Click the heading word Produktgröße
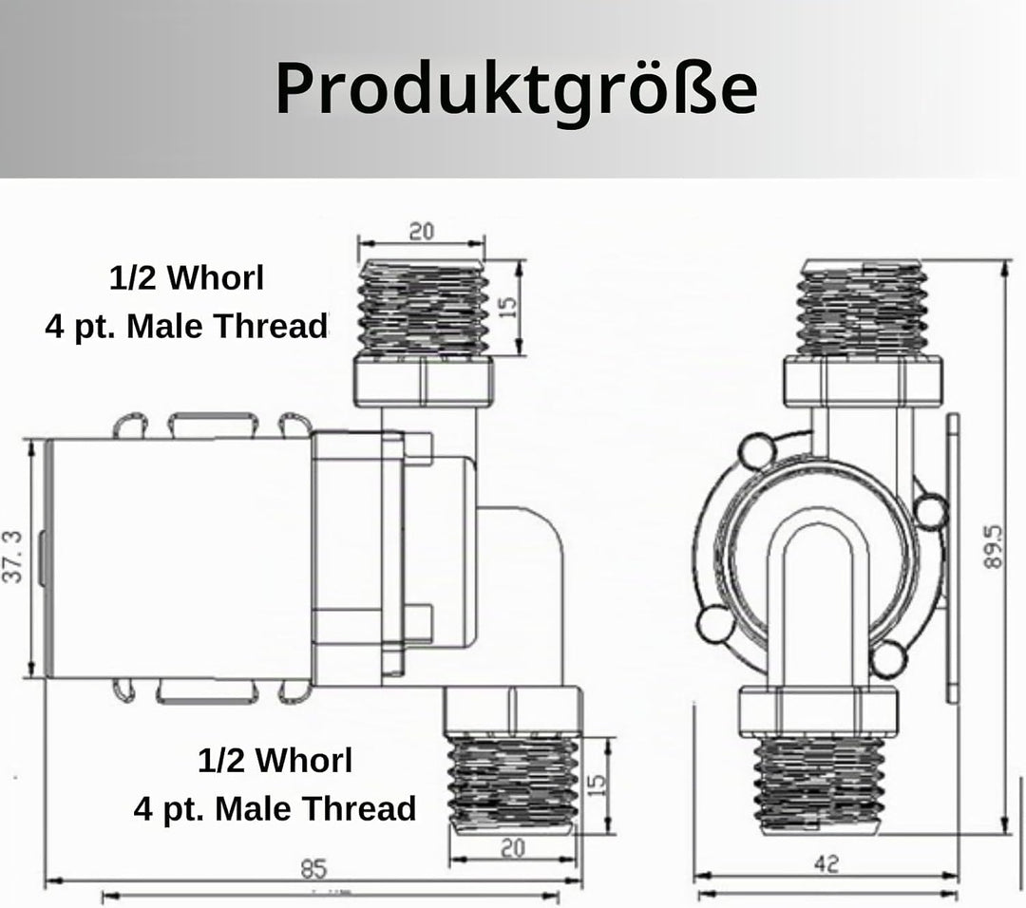[x=516, y=90]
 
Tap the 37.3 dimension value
[x=13, y=557]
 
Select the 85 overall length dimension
[x=313, y=869]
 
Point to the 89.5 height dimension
[x=994, y=545]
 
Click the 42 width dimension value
[x=826, y=864]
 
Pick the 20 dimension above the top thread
[x=422, y=231]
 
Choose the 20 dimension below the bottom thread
[x=512, y=848]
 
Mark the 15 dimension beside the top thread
[x=507, y=307]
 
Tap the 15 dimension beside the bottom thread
[x=597, y=785]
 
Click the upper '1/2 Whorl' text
[x=186, y=278]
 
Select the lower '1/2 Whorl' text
[x=275, y=760]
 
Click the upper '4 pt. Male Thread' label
[x=186, y=326]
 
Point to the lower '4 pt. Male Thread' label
[x=275, y=808]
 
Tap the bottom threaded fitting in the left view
[x=513, y=784]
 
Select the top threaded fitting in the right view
[x=863, y=308]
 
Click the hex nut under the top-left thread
[x=424, y=382]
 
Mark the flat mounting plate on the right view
[x=953, y=558]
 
